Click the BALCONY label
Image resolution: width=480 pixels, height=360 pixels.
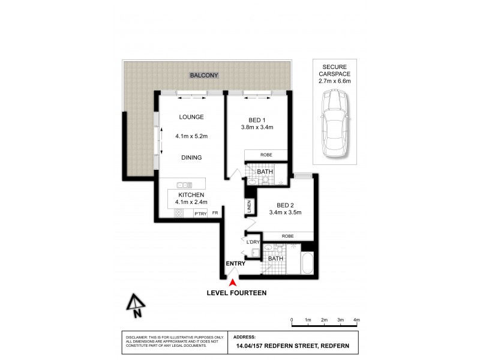(204, 76)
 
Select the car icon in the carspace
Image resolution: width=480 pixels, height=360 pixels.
(334, 123)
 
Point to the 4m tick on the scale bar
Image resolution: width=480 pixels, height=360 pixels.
(356, 325)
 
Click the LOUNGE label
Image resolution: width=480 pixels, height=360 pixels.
(191, 117)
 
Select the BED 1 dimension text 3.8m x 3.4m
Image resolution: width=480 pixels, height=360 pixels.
(257, 127)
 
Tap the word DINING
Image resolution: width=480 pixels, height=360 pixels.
(191, 158)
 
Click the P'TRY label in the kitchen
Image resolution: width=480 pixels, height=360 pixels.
(199, 213)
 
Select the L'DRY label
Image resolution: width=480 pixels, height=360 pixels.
(253, 242)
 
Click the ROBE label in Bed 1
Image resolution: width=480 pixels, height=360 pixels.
(266, 155)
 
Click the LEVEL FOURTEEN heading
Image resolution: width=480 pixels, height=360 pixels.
(236, 293)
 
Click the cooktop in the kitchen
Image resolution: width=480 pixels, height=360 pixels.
(178, 213)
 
